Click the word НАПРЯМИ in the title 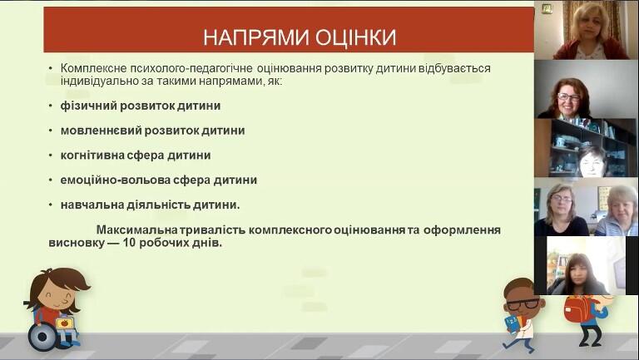tap(255, 37)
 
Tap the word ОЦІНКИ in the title tap(356, 37)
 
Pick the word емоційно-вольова tap(115, 180)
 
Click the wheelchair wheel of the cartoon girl tap(42, 337)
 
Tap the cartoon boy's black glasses tap(522, 303)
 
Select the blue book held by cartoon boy tap(512, 323)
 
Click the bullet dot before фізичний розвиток tap(51, 106)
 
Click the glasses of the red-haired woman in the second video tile tap(568, 97)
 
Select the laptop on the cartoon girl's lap tap(64, 323)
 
